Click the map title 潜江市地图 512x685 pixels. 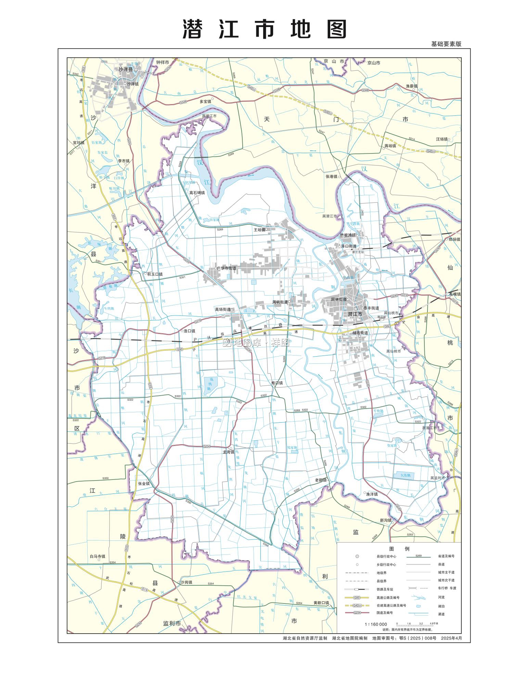[265, 29]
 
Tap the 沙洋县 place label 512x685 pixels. [125, 69]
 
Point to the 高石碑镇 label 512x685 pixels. [197, 193]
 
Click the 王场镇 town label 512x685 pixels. [259, 230]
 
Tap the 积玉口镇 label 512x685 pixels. [155, 274]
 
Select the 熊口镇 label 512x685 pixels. [277, 383]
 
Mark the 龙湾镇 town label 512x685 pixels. [228, 452]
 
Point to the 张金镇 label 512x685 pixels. [144, 484]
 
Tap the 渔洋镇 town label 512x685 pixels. [372, 494]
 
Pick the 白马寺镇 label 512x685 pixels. [98, 557]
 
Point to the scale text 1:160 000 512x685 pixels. [376, 624]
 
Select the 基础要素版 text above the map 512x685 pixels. [446, 44]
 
